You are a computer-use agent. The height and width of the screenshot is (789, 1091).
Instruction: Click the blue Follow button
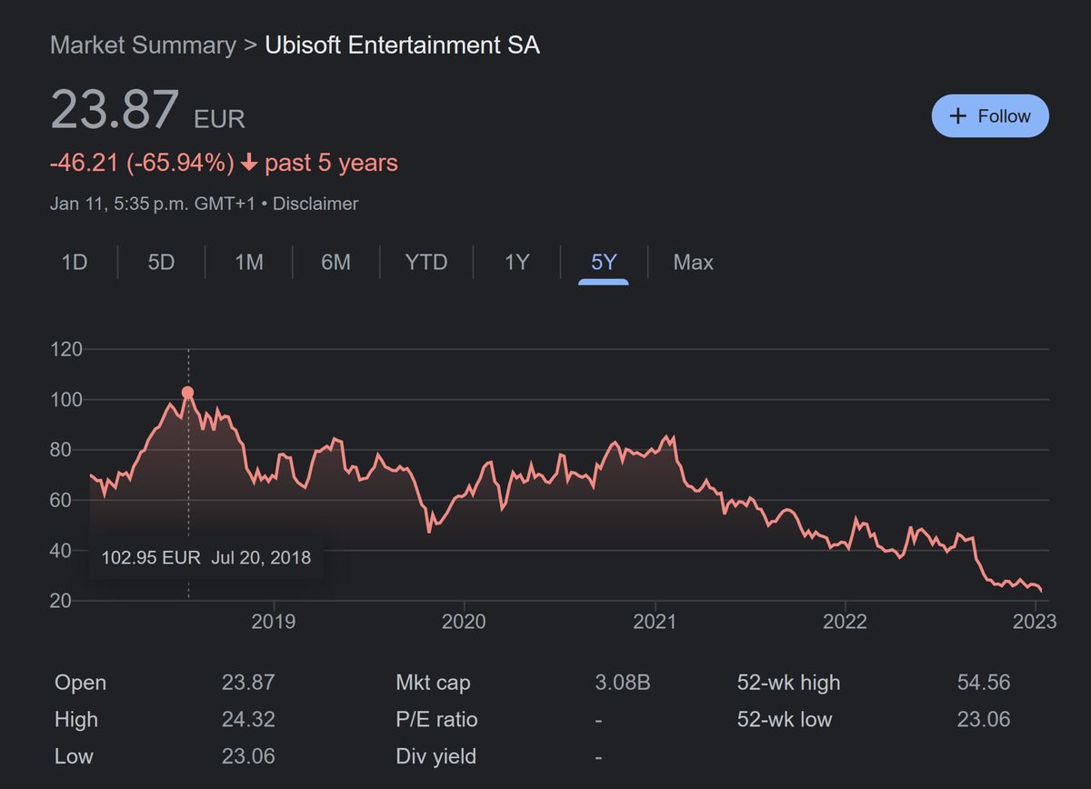click(990, 116)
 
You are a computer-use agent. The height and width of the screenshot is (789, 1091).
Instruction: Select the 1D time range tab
click(74, 263)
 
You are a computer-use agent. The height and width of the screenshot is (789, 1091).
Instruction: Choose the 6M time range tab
click(335, 263)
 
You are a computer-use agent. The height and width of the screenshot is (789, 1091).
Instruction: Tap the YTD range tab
click(426, 263)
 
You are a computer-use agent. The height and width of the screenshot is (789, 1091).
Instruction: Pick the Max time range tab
click(693, 263)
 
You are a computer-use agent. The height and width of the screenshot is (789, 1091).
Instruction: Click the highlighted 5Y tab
click(604, 263)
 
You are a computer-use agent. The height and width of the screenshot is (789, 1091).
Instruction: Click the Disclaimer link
click(315, 204)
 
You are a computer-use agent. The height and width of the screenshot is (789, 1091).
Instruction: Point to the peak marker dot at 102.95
click(188, 393)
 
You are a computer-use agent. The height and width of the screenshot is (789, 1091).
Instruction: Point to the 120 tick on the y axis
click(66, 349)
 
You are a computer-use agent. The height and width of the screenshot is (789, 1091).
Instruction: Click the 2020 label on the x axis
click(464, 621)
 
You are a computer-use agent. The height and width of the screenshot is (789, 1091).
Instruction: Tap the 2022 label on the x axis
click(845, 621)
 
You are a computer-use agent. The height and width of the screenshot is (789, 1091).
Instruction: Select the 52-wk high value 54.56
click(984, 683)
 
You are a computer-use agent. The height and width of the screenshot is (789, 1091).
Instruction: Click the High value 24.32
click(248, 719)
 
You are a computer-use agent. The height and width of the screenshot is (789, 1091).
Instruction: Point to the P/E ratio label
click(436, 719)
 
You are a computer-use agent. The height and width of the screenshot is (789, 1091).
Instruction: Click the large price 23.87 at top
click(115, 109)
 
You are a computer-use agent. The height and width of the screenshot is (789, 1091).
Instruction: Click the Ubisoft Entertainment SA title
click(402, 45)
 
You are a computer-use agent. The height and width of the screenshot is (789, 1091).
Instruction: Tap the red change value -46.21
click(85, 164)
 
